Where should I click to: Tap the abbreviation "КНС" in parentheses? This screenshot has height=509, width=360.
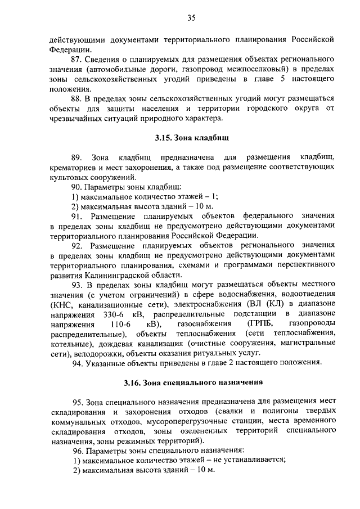pos(59,304)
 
